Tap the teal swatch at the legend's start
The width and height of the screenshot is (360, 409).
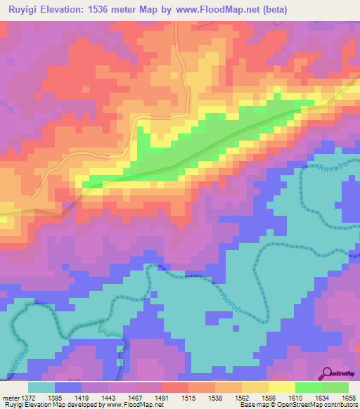click(41, 387)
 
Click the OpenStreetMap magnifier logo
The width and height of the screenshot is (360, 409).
click(326, 372)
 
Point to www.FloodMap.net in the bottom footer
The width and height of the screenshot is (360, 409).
click(136, 405)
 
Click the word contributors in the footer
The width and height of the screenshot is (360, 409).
click(341, 405)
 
